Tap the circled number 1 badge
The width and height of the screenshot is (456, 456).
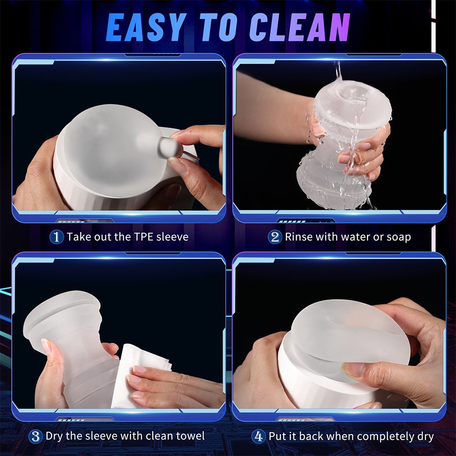(56, 237)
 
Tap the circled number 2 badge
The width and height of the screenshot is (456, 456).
(275, 237)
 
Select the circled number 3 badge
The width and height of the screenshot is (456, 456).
(35, 436)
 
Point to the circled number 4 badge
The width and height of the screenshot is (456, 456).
(259, 436)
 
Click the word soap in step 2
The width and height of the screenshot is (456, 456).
(398, 237)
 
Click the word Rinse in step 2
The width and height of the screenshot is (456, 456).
(298, 237)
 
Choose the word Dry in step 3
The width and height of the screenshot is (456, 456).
(55, 436)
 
